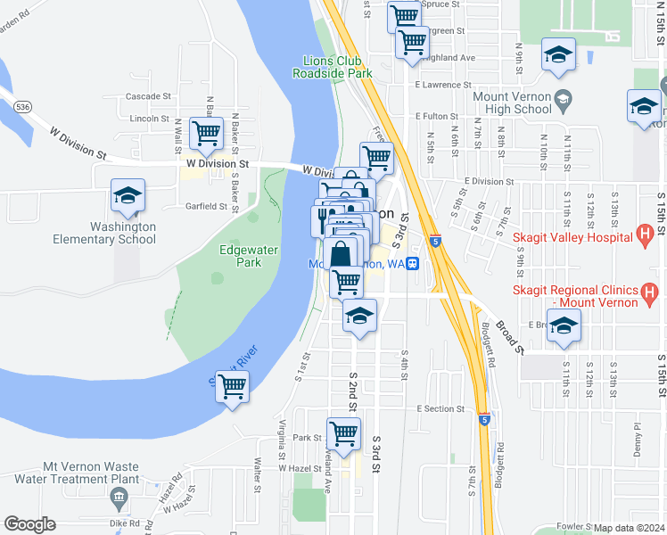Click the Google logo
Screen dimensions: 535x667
pos(29,524)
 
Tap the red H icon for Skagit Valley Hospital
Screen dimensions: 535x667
pos(647,236)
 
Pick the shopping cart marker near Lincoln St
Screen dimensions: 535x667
pos(207,134)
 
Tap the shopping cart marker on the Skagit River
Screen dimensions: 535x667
pos(232,387)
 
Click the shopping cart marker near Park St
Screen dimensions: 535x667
pos(343,434)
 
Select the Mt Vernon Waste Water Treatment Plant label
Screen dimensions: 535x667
pos(91,473)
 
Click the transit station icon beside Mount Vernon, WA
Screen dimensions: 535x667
pos(414,264)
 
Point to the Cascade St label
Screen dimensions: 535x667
pos(148,96)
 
